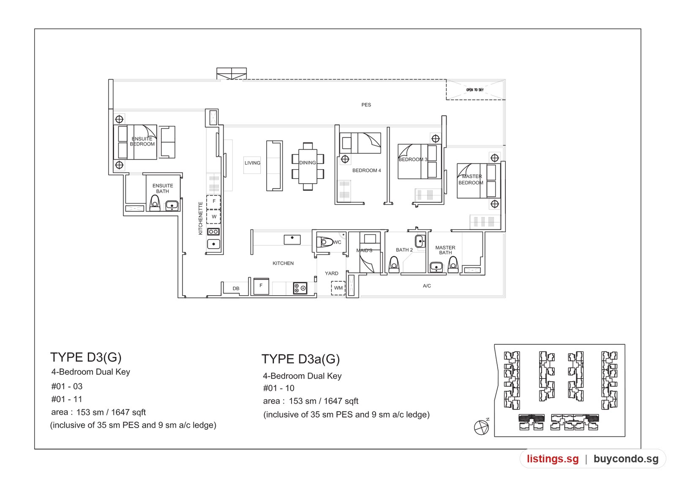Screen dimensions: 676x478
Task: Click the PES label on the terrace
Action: [366, 105]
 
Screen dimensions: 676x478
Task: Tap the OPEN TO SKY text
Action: [475, 90]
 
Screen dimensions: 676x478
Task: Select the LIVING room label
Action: [252, 163]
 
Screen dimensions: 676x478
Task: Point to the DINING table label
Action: [308, 162]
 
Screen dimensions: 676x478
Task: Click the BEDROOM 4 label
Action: [367, 170]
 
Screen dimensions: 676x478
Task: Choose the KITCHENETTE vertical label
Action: [200, 218]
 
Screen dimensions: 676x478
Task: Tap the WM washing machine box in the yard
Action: [338, 288]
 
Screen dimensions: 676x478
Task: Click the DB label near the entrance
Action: [236, 288]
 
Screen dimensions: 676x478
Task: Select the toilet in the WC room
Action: [324, 242]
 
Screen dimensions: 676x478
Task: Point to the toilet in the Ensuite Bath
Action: [155, 203]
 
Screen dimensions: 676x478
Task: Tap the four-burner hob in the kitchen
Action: [300, 288]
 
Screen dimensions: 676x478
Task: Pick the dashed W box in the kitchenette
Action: [214, 217]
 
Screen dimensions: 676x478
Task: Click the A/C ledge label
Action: [427, 286]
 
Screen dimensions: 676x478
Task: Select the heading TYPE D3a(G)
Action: [300, 359]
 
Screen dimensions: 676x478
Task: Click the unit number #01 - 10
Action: [278, 388]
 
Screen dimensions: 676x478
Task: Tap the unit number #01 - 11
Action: [67, 399]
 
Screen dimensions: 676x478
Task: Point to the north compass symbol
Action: [481, 427]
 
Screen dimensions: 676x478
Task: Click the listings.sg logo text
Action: [553, 459]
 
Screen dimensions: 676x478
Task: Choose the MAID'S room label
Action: [364, 250]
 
